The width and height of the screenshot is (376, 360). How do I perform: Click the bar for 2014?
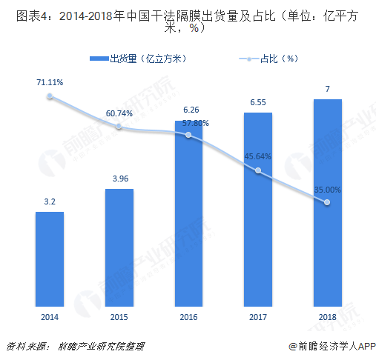point(50,259)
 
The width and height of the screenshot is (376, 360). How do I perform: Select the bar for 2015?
point(119,247)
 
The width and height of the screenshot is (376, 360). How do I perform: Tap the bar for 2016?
point(189,213)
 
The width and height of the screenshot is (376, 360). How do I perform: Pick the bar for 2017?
point(258,208)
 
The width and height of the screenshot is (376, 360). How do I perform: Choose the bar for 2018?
point(327,201)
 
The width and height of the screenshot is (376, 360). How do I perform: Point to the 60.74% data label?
point(119,113)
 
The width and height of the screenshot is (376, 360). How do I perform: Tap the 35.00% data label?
point(327,190)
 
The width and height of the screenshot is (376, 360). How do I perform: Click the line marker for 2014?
point(50,96)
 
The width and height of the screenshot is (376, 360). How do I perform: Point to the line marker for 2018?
point(327,203)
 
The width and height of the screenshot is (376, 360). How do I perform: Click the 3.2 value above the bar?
point(50,201)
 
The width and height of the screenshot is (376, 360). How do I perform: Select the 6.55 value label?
point(258,102)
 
